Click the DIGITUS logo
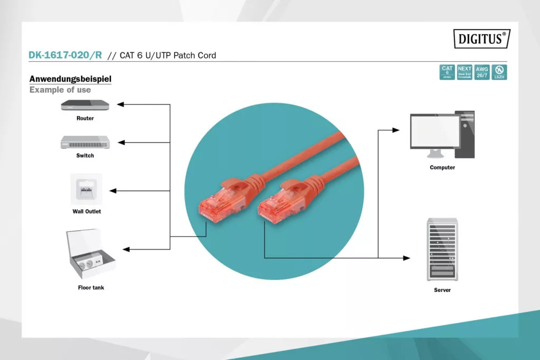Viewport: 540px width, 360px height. pos(481,38)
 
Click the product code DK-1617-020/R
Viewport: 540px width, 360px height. pos(65,55)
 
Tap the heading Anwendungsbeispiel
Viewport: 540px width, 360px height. pos(70,79)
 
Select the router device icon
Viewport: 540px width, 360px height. pos(85,105)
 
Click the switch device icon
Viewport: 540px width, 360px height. pos(85,142)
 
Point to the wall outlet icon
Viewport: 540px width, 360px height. pos(86,189)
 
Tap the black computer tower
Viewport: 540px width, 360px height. pos(465,134)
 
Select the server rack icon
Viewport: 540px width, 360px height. pos(442,250)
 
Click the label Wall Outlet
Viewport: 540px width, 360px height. pos(86,211)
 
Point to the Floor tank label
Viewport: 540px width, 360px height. pos(91,288)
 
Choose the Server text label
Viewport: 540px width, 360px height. pos(442,290)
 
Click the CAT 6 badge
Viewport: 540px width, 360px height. pos(447,72)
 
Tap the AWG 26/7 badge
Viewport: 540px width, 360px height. pos(481,72)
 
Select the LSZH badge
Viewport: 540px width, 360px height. pos(499,72)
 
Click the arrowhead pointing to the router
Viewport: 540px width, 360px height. pos(120,104)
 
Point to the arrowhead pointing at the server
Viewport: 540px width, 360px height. pos(407,258)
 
